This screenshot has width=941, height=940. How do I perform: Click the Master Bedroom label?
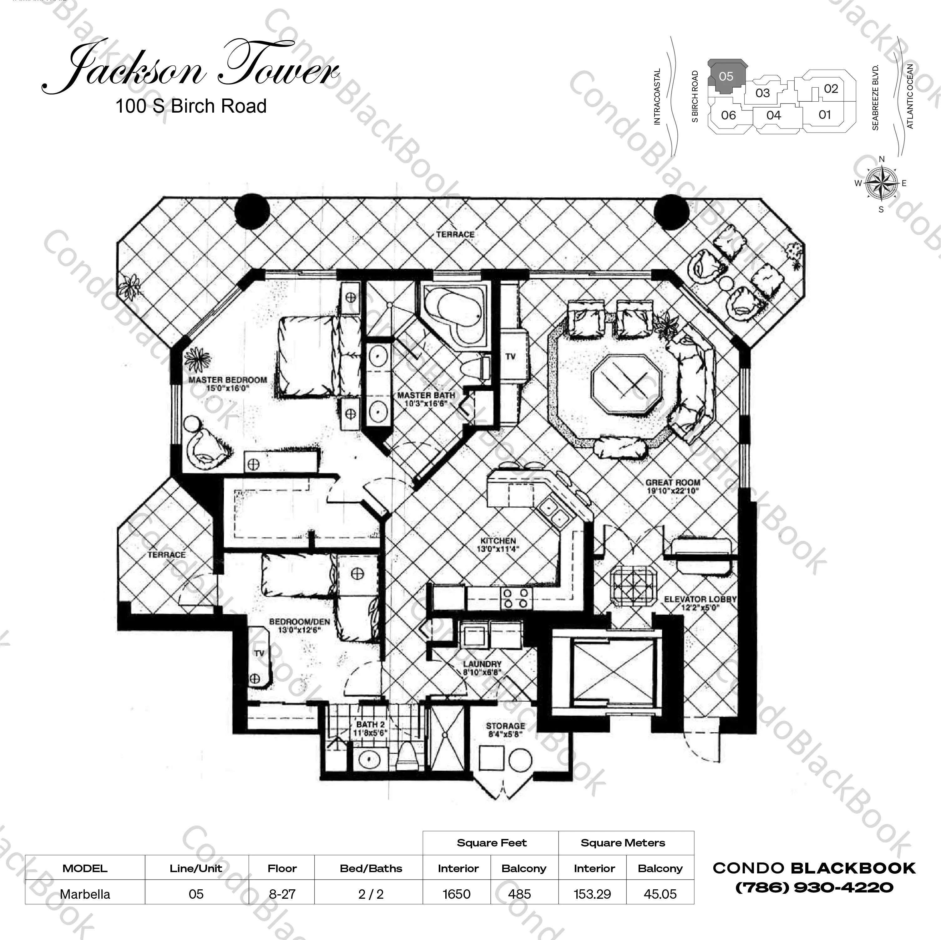click(228, 384)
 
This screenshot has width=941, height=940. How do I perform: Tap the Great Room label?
click(673, 486)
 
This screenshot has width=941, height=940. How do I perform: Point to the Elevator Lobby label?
click(700, 603)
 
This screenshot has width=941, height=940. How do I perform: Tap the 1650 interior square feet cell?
click(456, 894)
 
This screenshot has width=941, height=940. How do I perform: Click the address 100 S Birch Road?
click(191, 106)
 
